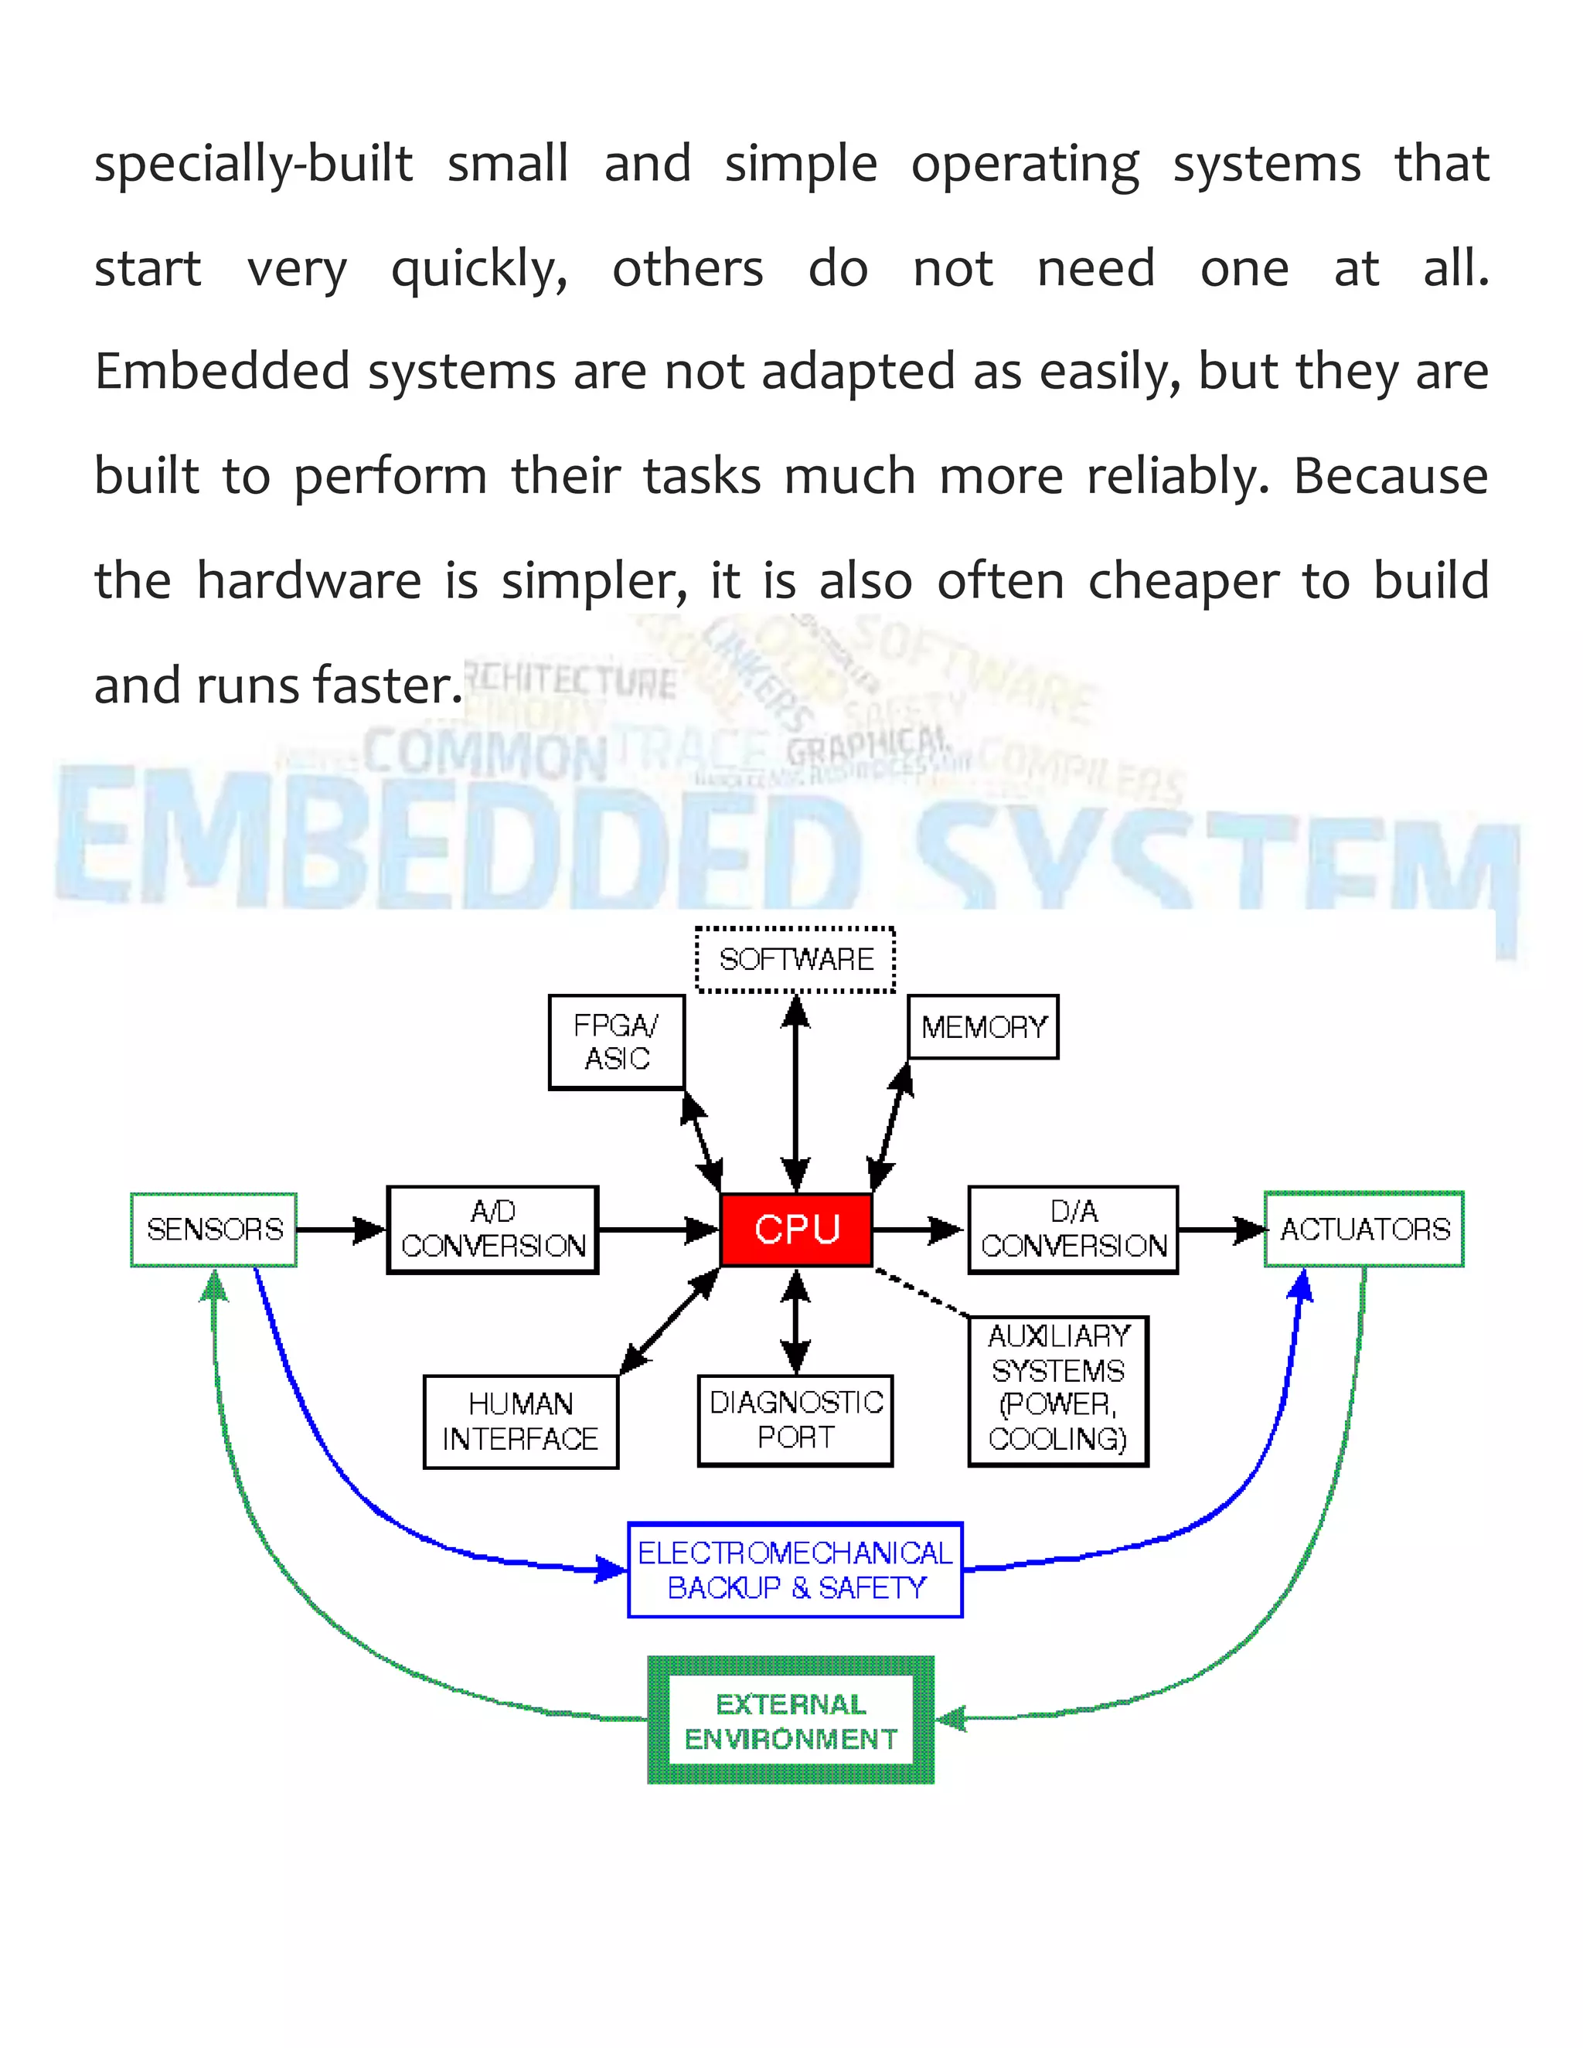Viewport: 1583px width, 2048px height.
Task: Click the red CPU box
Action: tap(795, 1230)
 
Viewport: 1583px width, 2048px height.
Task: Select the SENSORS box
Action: tap(214, 1230)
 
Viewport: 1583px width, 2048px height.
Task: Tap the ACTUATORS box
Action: tap(1363, 1230)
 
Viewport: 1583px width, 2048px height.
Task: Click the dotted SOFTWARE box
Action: tap(795, 959)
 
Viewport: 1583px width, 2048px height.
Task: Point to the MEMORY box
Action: tap(983, 1027)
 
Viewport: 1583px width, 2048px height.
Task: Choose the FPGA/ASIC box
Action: tap(616, 1042)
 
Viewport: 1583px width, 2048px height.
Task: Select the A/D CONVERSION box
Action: tap(492, 1230)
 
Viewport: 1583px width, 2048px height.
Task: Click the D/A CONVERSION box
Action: tap(1073, 1230)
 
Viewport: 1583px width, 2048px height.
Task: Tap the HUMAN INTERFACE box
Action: tap(520, 1420)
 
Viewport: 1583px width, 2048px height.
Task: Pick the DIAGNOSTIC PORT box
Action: tap(795, 1420)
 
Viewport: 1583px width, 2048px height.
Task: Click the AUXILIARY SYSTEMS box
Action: tap(1058, 1390)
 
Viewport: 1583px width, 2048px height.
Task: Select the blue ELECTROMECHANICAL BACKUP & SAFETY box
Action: tap(795, 1570)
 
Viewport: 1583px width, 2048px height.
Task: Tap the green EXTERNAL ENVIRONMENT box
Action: tap(791, 1721)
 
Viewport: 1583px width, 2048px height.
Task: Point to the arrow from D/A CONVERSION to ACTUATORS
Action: tap(1221, 1230)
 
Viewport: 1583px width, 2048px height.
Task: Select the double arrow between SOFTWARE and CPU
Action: tap(795, 1093)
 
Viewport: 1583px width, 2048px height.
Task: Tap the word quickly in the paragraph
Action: tap(479, 270)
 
